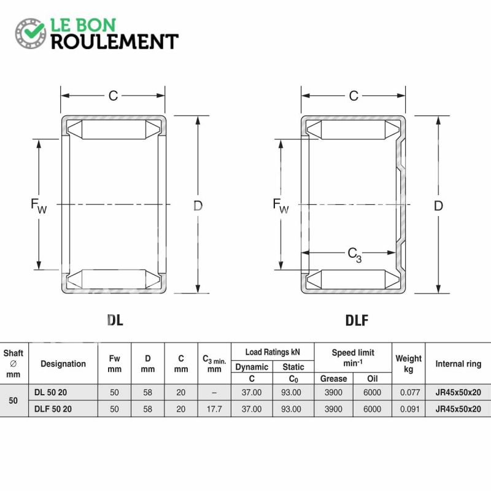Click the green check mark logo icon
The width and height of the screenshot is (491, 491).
[x=31, y=34]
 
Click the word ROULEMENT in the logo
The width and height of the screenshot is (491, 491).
[x=115, y=42]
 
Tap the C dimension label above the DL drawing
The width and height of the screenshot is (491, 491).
[x=113, y=96]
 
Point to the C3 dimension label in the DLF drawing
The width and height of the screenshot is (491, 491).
[x=355, y=255]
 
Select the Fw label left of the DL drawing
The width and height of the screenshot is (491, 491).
[x=39, y=206]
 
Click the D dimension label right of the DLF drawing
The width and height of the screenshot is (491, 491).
[x=438, y=206]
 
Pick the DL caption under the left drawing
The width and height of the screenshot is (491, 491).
[x=115, y=320]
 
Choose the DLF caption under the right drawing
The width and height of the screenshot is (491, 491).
[x=357, y=320]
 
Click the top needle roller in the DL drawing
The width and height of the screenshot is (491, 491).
[x=114, y=130]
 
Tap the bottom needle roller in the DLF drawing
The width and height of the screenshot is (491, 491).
[x=354, y=279]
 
